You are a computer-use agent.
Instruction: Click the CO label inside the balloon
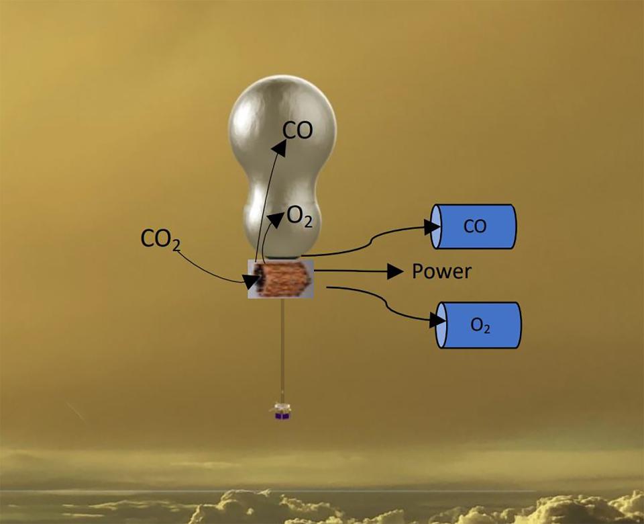click(x=298, y=130)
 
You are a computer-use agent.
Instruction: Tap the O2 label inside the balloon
click(x=300, y=216)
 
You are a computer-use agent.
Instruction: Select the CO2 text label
click(x=160, y=239)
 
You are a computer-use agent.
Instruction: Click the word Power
click(x=441, y=271)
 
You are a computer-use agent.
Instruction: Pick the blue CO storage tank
click(x=473, y=226)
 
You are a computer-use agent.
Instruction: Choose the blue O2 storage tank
click(x=478, y=325)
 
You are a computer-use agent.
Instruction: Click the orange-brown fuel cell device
click(x=281, y=279)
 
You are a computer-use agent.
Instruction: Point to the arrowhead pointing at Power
click(x=395, y=271)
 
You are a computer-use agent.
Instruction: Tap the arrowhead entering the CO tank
click(x=432, y=227)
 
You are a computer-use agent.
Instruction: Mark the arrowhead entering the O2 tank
click(x=437, y=320)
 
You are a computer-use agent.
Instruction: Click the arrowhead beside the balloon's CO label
click(x=280, y=148)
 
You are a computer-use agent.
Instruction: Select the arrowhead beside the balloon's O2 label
click(x=276, y=220)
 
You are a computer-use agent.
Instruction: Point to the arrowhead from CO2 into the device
click(x=250, y=281)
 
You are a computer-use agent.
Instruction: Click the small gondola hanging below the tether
click(x=282, y=412)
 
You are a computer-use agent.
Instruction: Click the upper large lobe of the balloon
click(x=282, y=124)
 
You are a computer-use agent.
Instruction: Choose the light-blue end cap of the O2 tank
click(x=441, y=325)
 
